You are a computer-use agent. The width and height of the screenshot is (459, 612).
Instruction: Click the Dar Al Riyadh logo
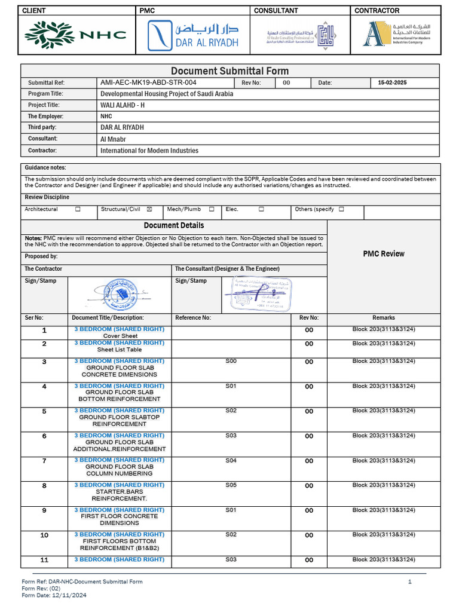(192, 35)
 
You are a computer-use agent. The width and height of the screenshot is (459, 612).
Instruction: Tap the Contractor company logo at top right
(396, 34)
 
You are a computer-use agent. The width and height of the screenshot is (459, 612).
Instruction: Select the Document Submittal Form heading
(230, 71)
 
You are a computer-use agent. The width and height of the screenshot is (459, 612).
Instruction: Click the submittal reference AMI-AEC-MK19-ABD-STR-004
(148, 82)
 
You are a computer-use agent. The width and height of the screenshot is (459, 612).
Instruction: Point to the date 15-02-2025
(392, 82)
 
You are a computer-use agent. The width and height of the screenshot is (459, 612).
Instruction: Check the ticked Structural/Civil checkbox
(149, 209)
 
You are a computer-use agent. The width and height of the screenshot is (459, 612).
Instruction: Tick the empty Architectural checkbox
(78, 209)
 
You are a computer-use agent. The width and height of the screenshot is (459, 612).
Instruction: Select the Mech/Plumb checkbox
(212, 209)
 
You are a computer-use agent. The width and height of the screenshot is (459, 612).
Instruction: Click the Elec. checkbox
(261, 209)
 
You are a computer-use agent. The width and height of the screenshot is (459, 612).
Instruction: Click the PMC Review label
(384, 254)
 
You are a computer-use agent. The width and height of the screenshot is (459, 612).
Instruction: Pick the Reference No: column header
(193, 318)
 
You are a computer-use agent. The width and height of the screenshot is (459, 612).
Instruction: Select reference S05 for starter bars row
(231, 485)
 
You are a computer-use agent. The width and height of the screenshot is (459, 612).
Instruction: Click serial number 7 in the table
(44, 461)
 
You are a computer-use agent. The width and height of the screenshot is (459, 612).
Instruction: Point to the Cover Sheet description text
(120, 336)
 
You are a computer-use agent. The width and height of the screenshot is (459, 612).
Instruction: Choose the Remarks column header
(384, 318)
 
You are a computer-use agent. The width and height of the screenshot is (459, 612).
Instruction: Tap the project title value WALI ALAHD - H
(123, 105)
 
